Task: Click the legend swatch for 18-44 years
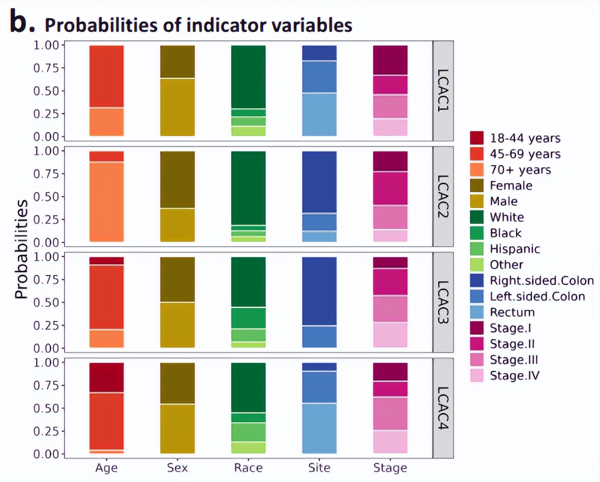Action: [477, 138]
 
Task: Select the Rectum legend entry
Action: [512, 312]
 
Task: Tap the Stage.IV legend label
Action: [515, 376]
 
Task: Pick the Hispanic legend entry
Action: [515, 249]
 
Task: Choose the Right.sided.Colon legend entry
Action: [542, 280]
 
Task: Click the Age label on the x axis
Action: [106, 468]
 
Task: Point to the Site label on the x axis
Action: [319, 468]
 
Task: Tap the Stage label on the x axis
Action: [390, 468]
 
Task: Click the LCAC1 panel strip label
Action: [443, 91]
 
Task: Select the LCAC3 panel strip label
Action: [443, 302]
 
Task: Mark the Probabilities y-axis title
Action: [21, 249]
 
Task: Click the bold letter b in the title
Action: [21, 22]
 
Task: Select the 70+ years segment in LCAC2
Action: [106, 202]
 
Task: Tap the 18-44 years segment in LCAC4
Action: [106, 377]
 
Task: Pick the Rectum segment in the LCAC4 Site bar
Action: [319, 428]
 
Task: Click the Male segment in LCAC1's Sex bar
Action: [177, 107]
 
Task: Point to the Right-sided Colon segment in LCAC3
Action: [319, 291]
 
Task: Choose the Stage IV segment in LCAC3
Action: [390, 334]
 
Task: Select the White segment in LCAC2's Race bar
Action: [248, 188]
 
